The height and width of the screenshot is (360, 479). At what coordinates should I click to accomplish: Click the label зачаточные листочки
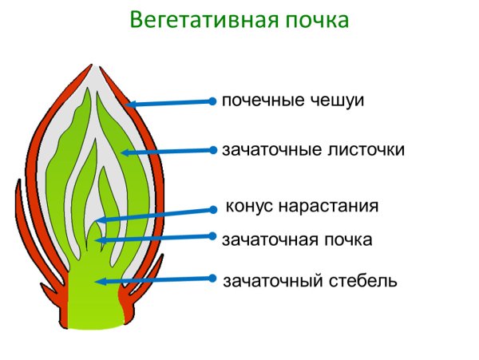313,150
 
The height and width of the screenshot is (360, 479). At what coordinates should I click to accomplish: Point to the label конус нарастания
302,207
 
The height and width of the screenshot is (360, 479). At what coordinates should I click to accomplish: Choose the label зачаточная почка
297,239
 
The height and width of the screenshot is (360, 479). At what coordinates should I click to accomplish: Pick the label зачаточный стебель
309,281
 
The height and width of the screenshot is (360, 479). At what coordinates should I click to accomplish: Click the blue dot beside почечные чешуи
212,101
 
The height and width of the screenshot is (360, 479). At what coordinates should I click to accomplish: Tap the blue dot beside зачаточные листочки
213,149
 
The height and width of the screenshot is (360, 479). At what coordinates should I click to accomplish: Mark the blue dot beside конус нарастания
213,209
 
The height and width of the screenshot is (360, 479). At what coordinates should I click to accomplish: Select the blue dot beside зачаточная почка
212,235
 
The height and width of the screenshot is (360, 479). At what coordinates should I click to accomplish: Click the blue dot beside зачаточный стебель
212,278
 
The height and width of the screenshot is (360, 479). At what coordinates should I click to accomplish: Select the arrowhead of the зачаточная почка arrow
98,239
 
